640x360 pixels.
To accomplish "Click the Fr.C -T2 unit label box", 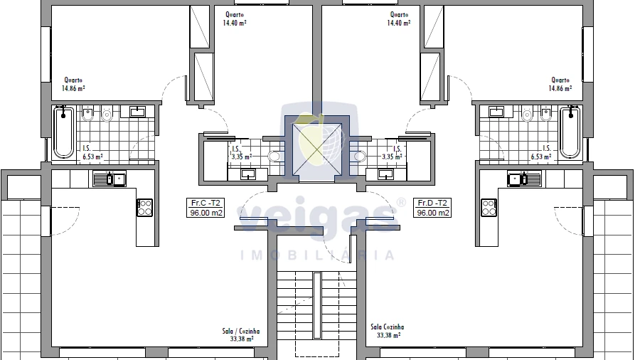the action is (206, 208).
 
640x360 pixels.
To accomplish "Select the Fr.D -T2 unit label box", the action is (432, 208).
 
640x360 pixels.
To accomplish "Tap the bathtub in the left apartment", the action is (64, 132).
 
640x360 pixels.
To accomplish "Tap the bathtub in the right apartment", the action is (570, 132).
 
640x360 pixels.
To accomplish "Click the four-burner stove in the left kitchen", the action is (144, 207).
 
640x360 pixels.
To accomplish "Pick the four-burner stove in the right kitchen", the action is (489, 207).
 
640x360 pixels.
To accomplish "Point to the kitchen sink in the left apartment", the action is (110, 179).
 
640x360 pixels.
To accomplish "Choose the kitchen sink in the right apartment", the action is (525, 179).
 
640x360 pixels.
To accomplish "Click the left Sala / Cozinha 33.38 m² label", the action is (241, 334).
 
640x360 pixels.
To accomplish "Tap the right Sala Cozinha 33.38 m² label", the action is (388, 331).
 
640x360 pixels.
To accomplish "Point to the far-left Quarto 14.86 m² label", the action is (73, 84).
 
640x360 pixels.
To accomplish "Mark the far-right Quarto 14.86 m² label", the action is (560, 84).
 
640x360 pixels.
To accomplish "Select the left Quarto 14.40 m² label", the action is (234, 18).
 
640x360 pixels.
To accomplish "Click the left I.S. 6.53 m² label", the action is (92, 153).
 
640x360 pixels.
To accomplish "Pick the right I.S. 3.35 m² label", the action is (393, 153).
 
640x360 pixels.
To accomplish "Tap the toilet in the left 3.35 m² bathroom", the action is (274, 157).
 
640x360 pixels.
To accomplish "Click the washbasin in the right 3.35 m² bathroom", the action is (385, 174).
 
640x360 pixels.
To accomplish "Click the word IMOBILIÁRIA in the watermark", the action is (317, 255).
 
